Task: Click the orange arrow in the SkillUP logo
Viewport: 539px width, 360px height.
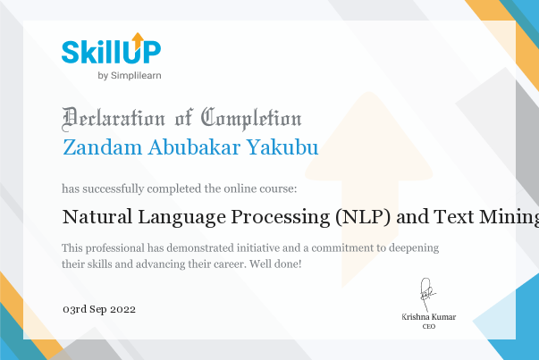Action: tap(138, 40)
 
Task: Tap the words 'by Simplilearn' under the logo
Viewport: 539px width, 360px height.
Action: tap(130, 76)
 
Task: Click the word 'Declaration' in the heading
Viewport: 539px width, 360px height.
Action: tap(114, 120)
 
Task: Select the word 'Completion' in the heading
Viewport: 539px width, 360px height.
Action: tap(251, 119)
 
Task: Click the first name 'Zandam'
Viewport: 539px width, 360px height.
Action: tap(103, 147)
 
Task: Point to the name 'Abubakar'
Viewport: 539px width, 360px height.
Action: tap(194, 147)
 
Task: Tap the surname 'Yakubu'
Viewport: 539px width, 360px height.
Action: tap(282, 147)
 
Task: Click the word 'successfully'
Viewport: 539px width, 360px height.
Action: tap(114, 188)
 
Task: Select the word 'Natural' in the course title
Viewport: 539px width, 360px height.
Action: tap(97, 217)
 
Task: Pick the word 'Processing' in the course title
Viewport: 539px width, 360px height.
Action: tap(280, 217)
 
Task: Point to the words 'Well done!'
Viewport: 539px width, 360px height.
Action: tap(275, 264)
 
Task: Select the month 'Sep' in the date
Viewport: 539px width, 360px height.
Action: tap(98, 310)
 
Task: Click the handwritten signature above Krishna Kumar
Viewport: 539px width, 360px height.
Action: tap(426, 294)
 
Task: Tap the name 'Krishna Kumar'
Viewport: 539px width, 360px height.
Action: tap(429, 317)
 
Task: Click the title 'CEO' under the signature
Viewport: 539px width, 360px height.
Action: tap(429, 327)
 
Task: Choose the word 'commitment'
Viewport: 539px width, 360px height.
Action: tap(341, 248)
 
